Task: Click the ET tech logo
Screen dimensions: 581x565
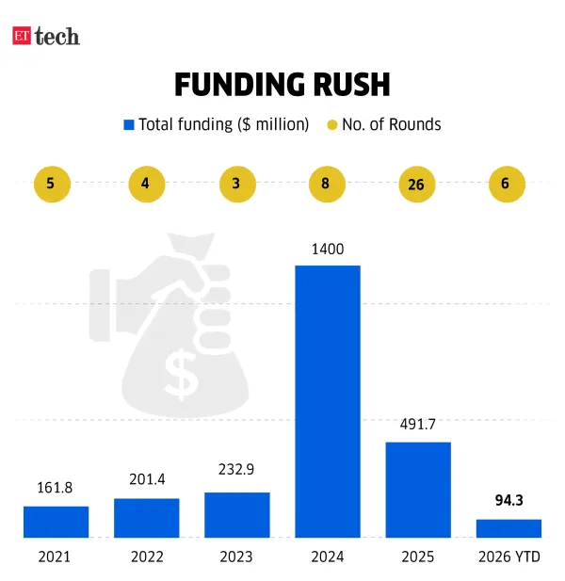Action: pos(45,37)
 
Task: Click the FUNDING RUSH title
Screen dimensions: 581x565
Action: pos(282,85)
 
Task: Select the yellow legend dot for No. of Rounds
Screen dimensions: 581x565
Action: pos(331,124)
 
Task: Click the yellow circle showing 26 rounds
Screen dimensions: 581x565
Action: pos(415,185)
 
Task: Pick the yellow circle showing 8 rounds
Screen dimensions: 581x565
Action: pos(325,184)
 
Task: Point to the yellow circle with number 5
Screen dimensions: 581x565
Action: pos(51,184)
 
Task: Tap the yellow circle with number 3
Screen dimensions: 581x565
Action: pos(235,184)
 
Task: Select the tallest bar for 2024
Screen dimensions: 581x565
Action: pos(327,400)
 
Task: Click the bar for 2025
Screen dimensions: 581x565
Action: pos(417,489)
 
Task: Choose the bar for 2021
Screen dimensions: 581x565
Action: pos(56,521)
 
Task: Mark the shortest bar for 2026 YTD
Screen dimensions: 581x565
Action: pos(508,527)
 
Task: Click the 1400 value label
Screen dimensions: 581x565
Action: pos(327,250)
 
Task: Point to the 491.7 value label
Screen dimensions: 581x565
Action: pos(417,426)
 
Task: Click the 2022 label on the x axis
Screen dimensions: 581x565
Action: pos(146,557)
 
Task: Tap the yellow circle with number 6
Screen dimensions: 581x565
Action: pos(506,184)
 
